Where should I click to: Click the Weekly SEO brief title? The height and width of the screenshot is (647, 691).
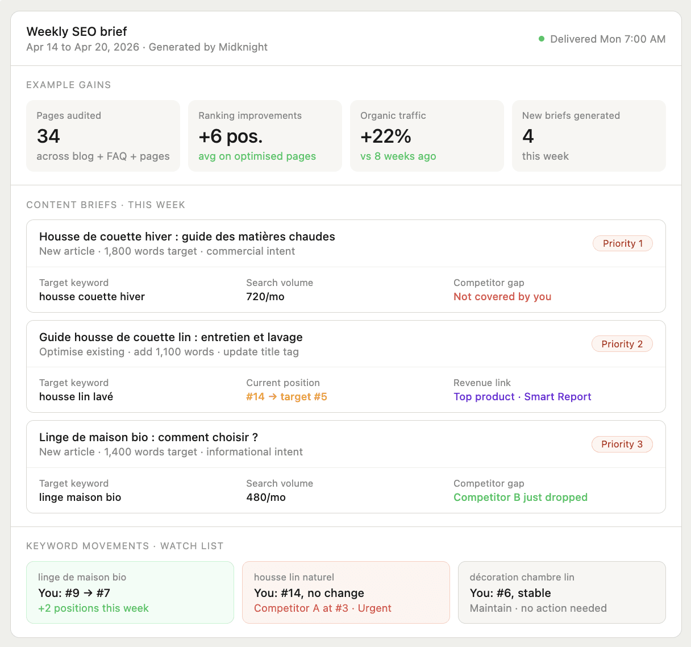(77, 32)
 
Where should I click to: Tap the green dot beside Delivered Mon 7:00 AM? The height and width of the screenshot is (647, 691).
(542, 39)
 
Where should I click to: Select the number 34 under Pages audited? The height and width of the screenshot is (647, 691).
(49, 136)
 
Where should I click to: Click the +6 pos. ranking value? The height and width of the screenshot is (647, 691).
(231, 136)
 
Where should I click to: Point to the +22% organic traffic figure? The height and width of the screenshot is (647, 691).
(386, 136)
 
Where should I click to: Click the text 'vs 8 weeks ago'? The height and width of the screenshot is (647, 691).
(398, 156)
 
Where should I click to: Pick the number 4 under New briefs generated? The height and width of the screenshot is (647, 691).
(528, 136)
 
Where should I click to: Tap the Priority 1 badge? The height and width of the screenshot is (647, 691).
(623, 243)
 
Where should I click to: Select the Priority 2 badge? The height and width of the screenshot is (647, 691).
(622, 344)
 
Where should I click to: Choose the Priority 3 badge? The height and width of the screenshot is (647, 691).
(622, 444)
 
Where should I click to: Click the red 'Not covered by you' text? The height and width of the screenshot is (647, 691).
(502, 297)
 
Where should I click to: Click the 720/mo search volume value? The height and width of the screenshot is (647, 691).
(265, 297)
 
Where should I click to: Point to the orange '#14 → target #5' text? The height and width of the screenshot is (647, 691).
(286, 397)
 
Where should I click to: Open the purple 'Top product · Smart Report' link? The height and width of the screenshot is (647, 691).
(522, 397)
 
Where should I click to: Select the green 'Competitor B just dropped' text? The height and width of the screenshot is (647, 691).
(521, 497)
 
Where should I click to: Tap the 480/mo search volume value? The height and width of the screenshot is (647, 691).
(266, 497)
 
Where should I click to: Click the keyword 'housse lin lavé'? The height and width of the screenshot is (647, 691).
(76, 397)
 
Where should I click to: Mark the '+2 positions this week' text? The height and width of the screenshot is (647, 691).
(93, 608)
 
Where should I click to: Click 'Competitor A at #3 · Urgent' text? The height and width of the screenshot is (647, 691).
(323, 608)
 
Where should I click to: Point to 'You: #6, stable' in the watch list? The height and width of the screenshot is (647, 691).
(510, 593)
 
